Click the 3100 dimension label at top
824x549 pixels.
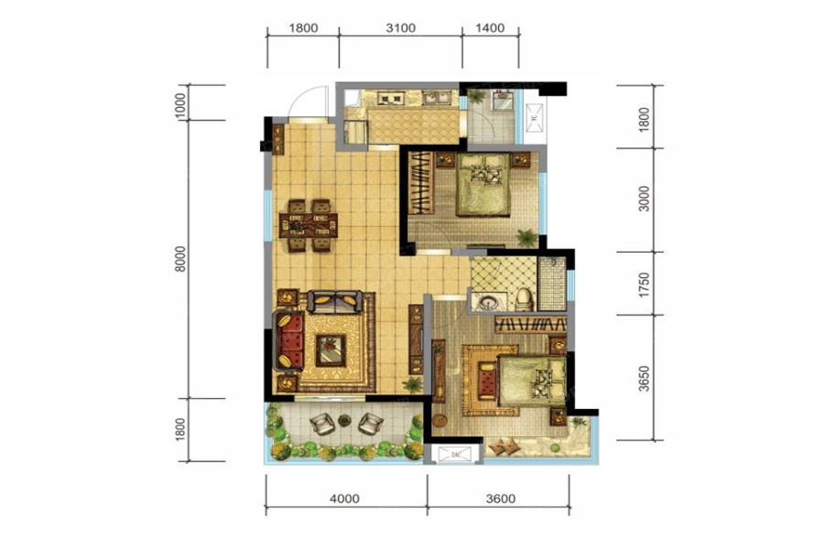(400, 27)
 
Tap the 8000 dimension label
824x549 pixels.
(180, 258)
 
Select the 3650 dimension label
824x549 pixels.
(644, 378)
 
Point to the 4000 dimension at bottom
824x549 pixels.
(345, 499)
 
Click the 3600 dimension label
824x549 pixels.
(500, 499)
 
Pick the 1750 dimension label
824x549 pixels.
(644, 285)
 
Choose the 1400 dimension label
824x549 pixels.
(490, 27)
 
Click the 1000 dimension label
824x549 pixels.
(180, 105)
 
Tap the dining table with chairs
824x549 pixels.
(309, 225)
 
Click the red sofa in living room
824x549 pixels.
(287, 340)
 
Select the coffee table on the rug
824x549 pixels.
(331, 350)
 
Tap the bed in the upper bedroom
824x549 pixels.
(483, 185)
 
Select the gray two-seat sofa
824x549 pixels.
(335, 302)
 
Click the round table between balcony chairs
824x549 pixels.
(344, 420)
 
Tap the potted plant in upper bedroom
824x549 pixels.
(526, 238)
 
